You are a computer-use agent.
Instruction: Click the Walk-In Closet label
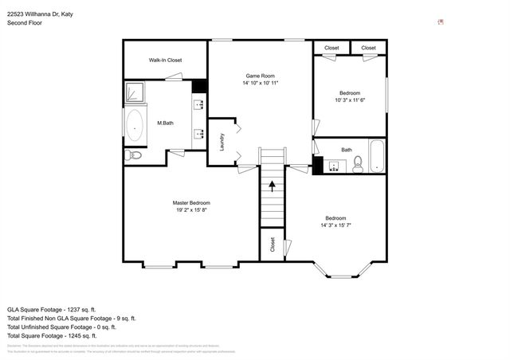pos(165,61)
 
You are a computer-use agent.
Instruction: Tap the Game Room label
pos(260,75)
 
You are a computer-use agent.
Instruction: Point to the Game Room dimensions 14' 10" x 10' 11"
pos(260,83)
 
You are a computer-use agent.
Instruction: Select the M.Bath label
pos(166,123)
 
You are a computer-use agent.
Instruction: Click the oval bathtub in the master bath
pos(135,125)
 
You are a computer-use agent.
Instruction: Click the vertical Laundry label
pos(221,142)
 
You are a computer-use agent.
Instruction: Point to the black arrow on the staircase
pos(273,187)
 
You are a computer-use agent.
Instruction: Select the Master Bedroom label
pos(191,202)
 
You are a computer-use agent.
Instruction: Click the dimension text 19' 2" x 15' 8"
pos(191,210)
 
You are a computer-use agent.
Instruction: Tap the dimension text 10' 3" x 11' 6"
pos(348,100)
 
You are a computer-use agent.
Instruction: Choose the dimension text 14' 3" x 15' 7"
pos(335,225)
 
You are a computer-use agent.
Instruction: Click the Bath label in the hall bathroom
pos(347,150)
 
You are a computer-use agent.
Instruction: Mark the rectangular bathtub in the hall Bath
pos(376,156)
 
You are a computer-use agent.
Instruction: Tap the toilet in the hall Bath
pos(358,164)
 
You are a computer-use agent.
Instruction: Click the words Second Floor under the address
pos(25,23)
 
